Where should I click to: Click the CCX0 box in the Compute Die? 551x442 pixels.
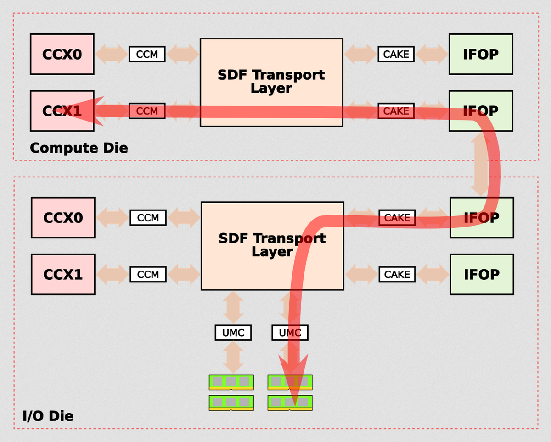click(62, 54)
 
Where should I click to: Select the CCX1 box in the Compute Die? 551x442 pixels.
click(62, 111)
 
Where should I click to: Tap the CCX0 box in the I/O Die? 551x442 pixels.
click(63, 217)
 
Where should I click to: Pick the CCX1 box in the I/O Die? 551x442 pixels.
click(63, 274)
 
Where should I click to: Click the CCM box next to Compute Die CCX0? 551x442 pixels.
click(147, 54)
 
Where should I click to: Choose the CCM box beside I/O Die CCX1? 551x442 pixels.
click(148, 274)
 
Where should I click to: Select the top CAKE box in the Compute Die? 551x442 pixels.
click(396, 54)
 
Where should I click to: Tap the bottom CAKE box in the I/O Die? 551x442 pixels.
click(397, 274)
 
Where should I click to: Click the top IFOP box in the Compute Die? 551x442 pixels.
click(481, 54)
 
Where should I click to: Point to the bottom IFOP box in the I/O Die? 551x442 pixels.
click(482, 274)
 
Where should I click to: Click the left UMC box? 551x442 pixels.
click(233, 332)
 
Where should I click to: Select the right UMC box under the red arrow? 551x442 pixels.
click(290, 332)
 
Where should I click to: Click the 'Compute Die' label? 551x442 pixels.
click(79, 148)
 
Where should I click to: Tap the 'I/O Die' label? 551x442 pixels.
click(48, 416)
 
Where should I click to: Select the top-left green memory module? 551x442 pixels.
click(231, 382)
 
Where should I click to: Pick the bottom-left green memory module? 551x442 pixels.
click(231, 403)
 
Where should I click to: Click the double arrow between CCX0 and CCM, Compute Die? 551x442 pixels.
click(112, 54)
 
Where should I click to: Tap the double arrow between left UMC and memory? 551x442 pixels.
click(233, 357)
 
